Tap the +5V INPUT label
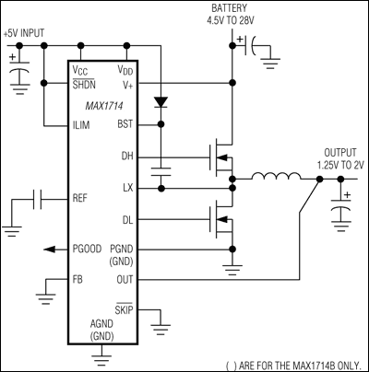pyautogui.click(x=25, y=33)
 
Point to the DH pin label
pyautogui.click(x=127, y=157)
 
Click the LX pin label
pyautogui.click(x=127, y=188)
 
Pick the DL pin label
pyautogui.click(x=127, y=219)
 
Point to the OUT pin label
pyautogui.click(x=125, y=279)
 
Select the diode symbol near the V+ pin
pyautogui.click(x=162, y=99)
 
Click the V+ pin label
pyautogui.click(x=127, y=85)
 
